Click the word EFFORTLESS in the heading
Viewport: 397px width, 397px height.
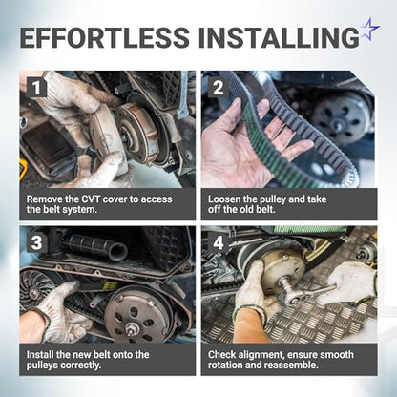pos(105,37)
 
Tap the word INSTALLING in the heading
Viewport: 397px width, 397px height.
pos(279,37)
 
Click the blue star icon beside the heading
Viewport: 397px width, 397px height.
pos(369,29)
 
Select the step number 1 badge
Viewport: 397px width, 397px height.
pos(37,88)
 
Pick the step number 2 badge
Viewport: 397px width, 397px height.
pos(219,88)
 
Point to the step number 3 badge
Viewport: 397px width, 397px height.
pos(37,242)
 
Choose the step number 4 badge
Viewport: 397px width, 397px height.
pos(219,242)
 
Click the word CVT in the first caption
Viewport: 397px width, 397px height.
pos(91,199)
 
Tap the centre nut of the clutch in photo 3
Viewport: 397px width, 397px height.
pos(130,328)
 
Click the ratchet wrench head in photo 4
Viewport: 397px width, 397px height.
pos(290,293)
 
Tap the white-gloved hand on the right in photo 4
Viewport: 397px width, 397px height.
pos(350,283)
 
